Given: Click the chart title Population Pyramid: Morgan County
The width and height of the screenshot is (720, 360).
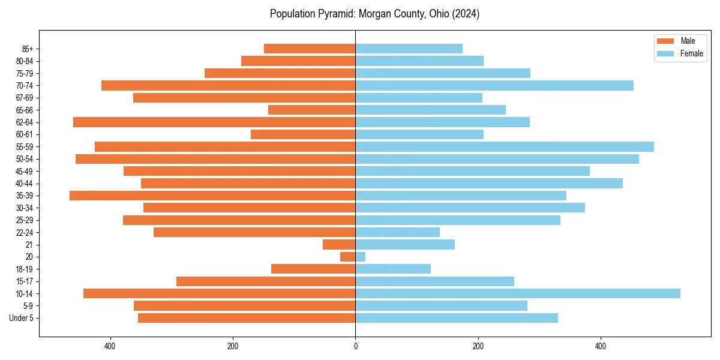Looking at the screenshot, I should [374, 14].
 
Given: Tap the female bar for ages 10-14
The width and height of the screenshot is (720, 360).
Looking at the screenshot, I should [517, 293].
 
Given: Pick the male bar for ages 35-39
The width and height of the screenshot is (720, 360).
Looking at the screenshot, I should [212, 196].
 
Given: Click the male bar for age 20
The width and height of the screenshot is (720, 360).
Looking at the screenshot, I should [348, 257].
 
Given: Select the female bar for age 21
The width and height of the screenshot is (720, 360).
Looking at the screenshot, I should [405, 245].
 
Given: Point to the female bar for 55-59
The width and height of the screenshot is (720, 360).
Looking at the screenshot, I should [504, 147].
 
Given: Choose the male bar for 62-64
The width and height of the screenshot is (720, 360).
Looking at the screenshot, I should [214, 122].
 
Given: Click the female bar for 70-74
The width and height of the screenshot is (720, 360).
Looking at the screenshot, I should [494, 86].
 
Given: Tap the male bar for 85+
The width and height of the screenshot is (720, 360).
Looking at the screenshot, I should [310, 49].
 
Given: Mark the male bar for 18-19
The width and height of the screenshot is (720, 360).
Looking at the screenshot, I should [313, 269].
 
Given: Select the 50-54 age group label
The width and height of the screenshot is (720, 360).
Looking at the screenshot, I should [25, 159].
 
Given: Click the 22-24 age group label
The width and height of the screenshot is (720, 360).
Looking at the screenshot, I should [25, 233].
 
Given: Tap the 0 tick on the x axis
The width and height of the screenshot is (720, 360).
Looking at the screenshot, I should [355, 346].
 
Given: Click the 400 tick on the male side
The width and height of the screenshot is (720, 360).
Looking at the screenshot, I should [110, 346].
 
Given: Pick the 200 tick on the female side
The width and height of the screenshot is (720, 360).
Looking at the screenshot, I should [478, 346].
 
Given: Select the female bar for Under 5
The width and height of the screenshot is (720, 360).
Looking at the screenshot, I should [456, 318].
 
